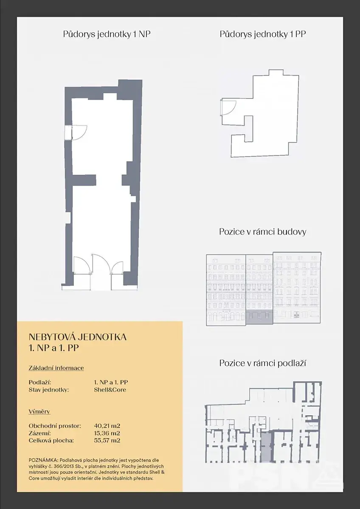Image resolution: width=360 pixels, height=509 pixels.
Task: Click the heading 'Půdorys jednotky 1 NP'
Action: click(x=107, y=34)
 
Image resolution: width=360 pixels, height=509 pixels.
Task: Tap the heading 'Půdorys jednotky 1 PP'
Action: click(x=263, y=34)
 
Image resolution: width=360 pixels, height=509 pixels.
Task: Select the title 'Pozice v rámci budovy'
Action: click(x=263, y=232)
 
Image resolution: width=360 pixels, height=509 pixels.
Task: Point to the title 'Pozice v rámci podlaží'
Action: click(x=262, y=363)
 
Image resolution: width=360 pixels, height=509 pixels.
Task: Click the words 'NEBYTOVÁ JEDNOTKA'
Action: click(x=78, y=337)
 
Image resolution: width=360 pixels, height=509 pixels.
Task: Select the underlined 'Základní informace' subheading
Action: click(x=56, y=368)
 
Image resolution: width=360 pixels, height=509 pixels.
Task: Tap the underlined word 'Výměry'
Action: click(x=39, y=411)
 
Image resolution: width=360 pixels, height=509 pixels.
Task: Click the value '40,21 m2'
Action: click(x=107, y=426)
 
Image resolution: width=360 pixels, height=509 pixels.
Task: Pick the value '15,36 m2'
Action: click(x=107, y=433)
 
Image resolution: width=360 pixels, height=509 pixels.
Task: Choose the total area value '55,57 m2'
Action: click(x=107, y=440)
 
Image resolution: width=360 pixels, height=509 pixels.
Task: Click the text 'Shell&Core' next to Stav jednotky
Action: click(x=110, y=390)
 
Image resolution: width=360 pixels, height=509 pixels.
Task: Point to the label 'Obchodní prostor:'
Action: click(x=55, y=426)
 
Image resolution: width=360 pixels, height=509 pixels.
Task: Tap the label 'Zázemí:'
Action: click(x=39, y=433)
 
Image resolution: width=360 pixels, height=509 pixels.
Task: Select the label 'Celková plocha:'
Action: click(x=51, y=440)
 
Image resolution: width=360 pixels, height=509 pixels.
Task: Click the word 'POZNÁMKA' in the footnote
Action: click(x=43, y=460)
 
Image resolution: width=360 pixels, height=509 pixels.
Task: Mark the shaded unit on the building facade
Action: click(x=259, y=316)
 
